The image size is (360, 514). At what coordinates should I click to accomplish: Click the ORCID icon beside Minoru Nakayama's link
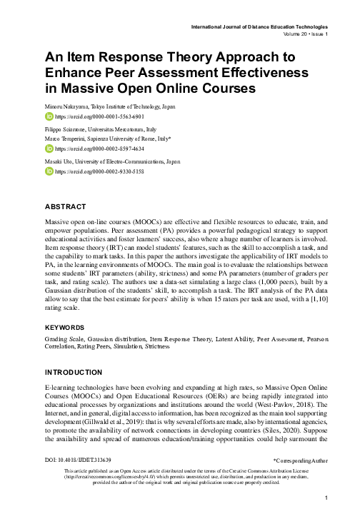pos(49,115)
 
